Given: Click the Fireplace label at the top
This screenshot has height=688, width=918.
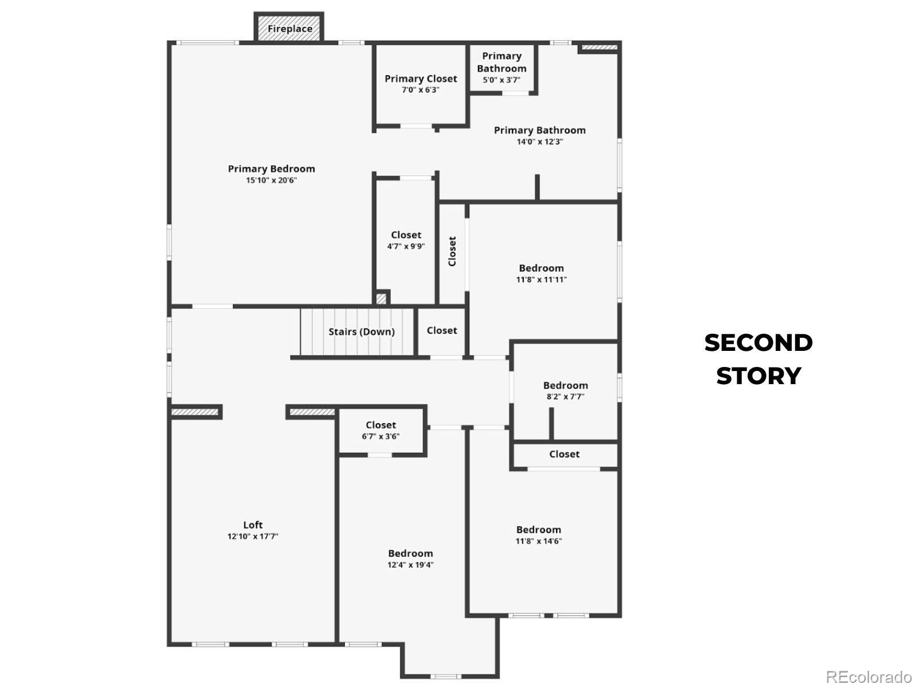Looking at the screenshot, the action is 289,29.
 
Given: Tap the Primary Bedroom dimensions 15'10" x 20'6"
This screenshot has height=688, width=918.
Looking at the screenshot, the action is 271,181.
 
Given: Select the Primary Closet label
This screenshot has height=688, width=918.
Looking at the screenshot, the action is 421,79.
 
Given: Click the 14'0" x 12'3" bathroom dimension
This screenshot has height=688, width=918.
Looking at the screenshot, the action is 539,142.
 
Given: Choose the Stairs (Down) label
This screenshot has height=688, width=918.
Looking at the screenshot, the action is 361,332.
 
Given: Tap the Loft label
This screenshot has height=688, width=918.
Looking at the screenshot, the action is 252,525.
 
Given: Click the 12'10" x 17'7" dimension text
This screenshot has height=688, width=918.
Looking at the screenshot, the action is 252,537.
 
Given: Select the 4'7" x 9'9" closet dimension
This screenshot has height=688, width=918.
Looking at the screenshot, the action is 406,247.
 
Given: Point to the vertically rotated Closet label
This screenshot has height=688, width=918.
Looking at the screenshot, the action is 452,251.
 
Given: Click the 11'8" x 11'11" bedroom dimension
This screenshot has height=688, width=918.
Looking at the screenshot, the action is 541,279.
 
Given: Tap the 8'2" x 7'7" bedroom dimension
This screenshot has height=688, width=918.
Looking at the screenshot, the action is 565,396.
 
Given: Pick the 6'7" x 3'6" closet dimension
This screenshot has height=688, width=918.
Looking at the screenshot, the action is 380,436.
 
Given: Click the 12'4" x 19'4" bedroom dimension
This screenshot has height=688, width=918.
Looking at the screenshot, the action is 410,565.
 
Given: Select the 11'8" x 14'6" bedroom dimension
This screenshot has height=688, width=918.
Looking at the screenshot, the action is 538,541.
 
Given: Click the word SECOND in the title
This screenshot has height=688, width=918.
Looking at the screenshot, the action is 758,343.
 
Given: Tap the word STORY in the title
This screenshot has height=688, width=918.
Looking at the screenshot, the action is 758,376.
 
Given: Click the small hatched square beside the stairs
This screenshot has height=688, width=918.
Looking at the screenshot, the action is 381,299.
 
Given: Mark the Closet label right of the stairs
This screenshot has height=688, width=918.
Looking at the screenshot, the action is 442,330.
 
